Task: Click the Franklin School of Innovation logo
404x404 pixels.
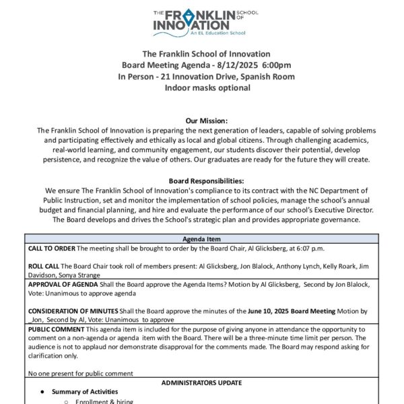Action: [201, 22]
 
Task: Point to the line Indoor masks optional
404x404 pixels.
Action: [201, 88]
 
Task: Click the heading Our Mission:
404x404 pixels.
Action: [201, 120]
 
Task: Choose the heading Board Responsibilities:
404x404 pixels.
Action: [201, 181]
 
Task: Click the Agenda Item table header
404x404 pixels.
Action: [201, 239]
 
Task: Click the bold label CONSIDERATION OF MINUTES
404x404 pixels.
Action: [74, 310]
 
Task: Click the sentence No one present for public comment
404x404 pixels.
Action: [80, 373]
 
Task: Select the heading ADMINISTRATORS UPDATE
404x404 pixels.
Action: [201, 382]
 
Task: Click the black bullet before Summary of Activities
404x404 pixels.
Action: [42, 392]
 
